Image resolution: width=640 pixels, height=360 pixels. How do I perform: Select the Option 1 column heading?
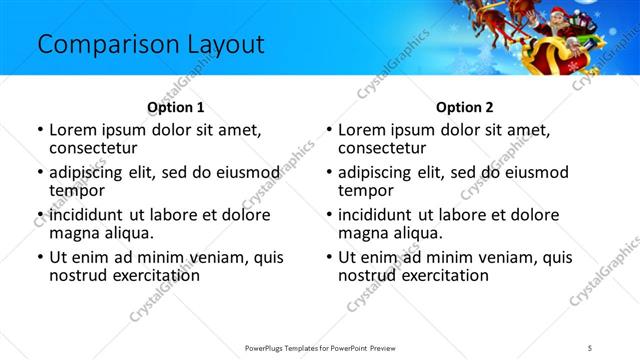[x=175, y=108]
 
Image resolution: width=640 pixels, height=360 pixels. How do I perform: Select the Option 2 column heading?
[x=464, y=108]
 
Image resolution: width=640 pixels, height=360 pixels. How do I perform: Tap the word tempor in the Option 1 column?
[x=74, y=191]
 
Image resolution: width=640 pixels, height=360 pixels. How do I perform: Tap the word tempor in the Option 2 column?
[x=363, y=191]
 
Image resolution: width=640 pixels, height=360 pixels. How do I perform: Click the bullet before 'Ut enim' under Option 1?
[x=39, y=257]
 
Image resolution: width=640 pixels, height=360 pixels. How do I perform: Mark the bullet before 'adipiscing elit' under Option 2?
[x=328, y=173]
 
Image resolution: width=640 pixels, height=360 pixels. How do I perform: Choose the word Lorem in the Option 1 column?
[x=74, y=130]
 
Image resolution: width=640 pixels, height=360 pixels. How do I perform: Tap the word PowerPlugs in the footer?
[x=267, y=347]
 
